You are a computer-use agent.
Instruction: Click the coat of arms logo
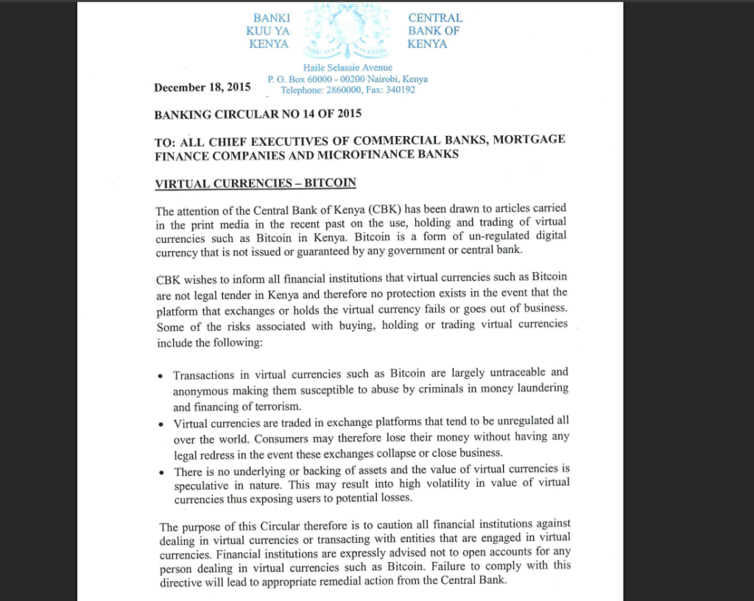coord(348,32)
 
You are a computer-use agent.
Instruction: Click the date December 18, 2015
coord(202,88)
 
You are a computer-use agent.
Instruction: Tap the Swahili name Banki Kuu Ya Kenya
coord(269,31)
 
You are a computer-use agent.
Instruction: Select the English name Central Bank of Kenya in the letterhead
coord(435,31)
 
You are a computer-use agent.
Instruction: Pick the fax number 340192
coord(401,90)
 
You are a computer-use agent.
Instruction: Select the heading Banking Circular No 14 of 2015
coord(258,115)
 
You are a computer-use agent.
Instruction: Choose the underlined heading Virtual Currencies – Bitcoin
coord(256,183)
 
